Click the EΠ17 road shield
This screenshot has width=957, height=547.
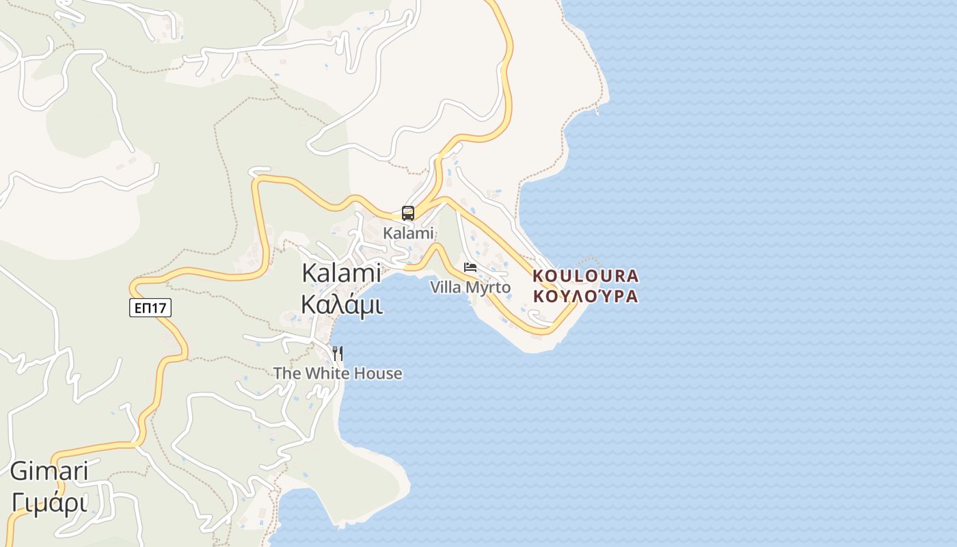pos(150,308)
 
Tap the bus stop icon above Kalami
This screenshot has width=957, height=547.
pos(408,213)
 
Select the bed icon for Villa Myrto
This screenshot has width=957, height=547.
pos(470,267)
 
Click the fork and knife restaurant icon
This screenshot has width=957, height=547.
pos(337,353)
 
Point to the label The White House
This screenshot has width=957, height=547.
pos(338,373)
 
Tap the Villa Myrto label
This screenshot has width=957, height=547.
pos(470,287)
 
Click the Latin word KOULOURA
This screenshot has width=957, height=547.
pos(585,276)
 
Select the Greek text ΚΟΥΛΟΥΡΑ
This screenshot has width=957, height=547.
pos(585,297)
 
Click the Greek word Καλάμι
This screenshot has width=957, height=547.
pos(342,305)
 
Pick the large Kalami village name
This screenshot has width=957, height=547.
pos(342,273)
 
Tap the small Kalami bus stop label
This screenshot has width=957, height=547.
pos(408,233)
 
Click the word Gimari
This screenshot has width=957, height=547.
pos(49,471)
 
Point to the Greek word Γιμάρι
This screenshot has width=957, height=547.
pos(49,503)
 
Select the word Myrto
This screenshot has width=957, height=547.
pos(489,287)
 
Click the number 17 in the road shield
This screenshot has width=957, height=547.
pos(159,308)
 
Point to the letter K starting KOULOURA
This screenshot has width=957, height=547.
pos(538,276)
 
